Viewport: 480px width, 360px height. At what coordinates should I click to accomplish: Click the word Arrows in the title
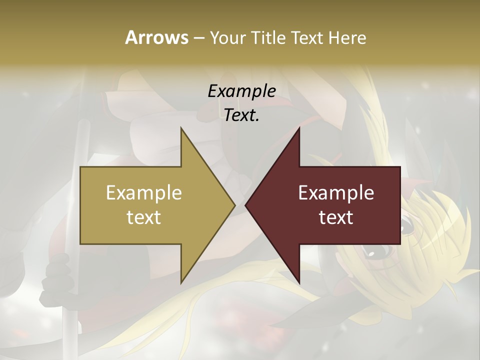tap(156, 37)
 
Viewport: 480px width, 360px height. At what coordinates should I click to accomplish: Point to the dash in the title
tap(198, 38)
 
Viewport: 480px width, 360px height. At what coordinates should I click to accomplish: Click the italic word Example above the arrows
tap(242, 91)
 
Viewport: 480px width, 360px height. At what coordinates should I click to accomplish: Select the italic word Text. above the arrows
tap(242, 115)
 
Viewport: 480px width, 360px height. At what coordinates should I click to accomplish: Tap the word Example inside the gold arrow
tap(144, 193)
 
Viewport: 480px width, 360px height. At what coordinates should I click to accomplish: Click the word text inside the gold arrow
tap(144, 217)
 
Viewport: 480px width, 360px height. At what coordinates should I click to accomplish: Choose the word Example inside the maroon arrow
tap(336, 193)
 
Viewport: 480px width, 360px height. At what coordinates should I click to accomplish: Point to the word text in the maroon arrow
tap(336, 217)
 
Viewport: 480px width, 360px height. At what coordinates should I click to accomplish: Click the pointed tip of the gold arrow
tap(234, 205)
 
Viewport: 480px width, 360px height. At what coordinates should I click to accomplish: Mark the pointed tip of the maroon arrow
tap(246, 205)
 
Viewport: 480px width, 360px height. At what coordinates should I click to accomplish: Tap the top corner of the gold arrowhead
tap(181, 128)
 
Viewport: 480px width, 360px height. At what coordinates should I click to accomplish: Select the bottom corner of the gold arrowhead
tap(181, 282)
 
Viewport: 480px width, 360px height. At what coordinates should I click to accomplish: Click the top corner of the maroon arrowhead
tap(299, 128)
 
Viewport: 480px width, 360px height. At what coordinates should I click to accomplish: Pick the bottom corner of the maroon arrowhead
tap(299, 282)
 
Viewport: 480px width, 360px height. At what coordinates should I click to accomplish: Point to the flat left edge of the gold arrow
tap(81, 205)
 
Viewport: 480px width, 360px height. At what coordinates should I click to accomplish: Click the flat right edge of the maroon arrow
tap(400, 205)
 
